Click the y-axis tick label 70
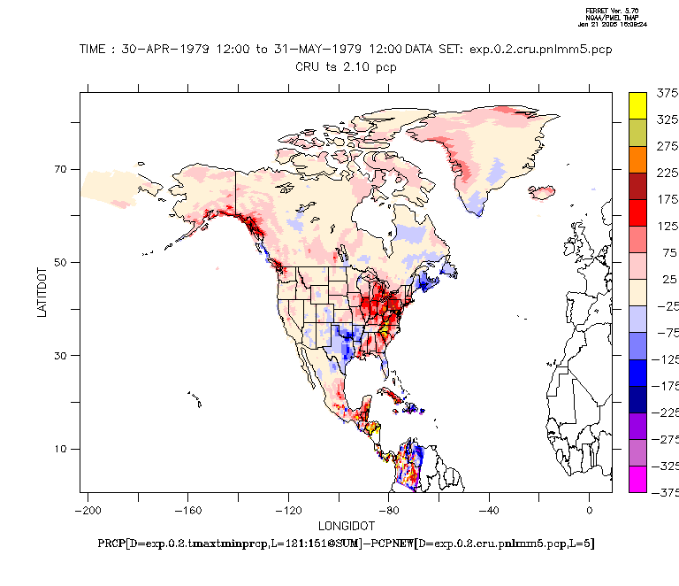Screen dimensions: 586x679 [62, 169]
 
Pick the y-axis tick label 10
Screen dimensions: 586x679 [62, 449]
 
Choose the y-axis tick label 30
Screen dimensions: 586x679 [62, 356]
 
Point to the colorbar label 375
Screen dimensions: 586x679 [667, 93]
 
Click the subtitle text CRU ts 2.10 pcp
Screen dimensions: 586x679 [346, 66]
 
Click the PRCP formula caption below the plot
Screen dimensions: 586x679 [346, 543]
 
